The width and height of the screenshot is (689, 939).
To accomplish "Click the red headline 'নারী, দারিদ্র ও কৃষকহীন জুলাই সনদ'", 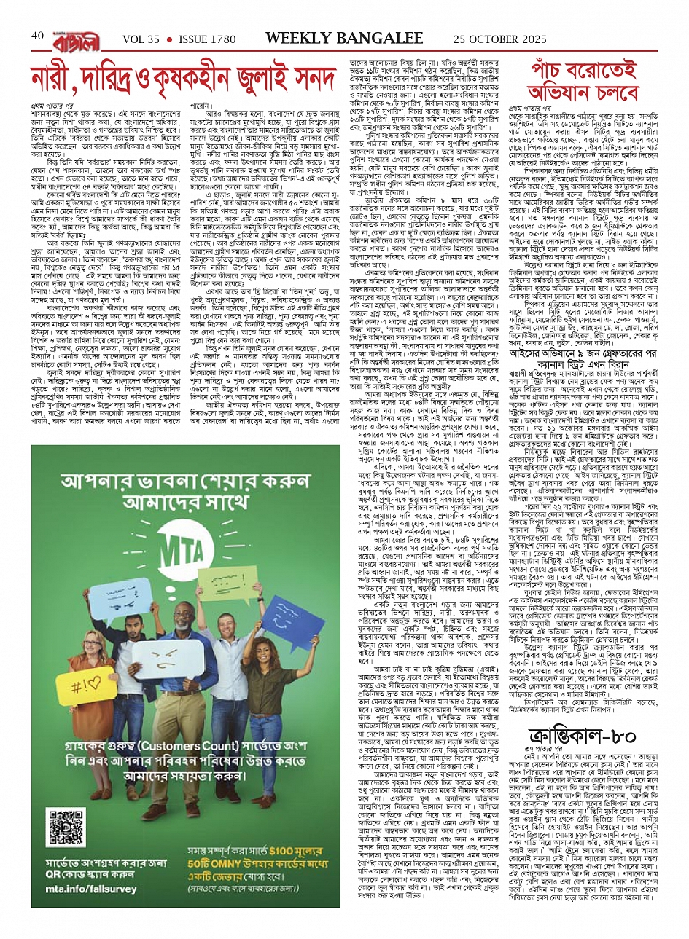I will [185, 79].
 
